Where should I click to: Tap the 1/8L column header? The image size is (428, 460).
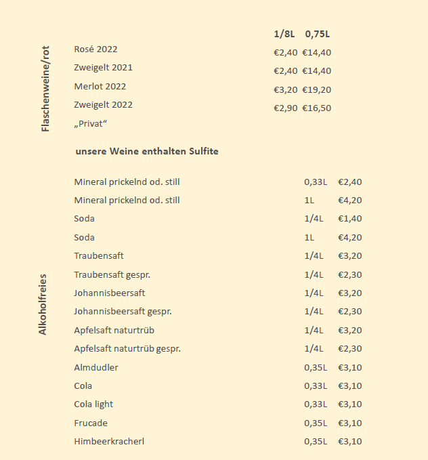(x=284, y=34)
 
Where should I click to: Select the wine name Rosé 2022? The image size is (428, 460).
(x=95, y=49)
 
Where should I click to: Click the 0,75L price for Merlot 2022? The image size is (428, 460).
(x=317, y=89)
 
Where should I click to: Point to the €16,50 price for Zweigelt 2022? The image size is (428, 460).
(x=317, y=108)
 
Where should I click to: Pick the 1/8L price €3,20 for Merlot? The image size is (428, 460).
(x=285, y=89)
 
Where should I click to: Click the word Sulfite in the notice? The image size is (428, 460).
(x=202, y=151)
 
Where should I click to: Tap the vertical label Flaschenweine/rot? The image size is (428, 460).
(x=46, y=89)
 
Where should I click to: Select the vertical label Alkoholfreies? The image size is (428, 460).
(x=43, y=304)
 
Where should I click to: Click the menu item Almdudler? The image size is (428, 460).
(x=96, y=367)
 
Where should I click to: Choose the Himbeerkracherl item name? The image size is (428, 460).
(x=109, y=442)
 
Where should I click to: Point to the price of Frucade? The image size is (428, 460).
(x=350, y=423)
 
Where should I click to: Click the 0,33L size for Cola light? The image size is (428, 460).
(x=316, y=404)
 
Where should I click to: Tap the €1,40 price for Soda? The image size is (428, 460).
(x=350, y=219)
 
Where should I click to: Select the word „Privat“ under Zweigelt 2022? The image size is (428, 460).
(x=91, y=124)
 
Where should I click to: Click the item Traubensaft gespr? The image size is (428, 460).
(x=112, y=274)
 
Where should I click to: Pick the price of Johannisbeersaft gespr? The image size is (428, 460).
(x=350, y=312)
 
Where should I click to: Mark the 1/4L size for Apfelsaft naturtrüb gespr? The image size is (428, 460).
(x=314, y=349)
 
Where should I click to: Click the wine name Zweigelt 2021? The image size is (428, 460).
(x=103, y=68)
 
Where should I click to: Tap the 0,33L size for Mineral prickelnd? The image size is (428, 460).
(x=316, y=182)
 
